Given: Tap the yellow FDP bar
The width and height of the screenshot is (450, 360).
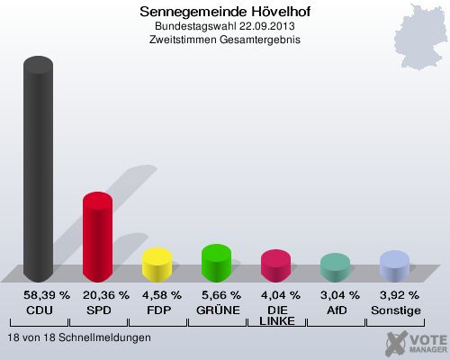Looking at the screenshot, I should point(157,265).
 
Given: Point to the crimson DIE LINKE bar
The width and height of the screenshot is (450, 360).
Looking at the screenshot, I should point(275,265).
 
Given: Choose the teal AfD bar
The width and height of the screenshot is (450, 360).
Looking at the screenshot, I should point(335,267).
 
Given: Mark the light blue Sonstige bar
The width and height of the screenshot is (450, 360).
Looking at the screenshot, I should point(394,266).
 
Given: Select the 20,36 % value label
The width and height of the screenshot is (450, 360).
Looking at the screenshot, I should point(105,295).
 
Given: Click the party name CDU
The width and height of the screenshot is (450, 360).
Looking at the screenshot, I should point(39,309).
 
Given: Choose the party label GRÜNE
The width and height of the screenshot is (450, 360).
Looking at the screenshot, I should point(217,309).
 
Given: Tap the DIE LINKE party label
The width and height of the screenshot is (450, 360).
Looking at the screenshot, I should point(276,315).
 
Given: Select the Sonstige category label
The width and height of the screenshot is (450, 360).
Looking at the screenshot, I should point(394,309).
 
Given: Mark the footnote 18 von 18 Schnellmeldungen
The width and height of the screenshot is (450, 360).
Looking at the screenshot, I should point(78,337).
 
